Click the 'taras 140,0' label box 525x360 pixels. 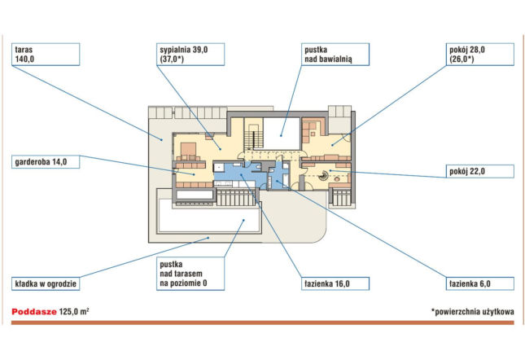click(x=46, y=55)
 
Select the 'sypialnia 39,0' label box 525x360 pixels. click(x=190, y=55)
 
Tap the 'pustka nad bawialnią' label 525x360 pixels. click(x=335, y=55)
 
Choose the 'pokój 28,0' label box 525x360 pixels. click(x=479, y=55)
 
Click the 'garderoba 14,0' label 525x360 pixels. click(x=46, y=162)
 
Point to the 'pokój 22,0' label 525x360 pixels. click(x=479, y=171)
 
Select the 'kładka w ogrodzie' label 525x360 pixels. click(x=46, y=283)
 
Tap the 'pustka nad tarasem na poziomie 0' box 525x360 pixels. click(x=190, y=274)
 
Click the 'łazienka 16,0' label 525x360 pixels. click(x=335, y=283)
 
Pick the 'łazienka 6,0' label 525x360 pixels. click(x=479, y=283)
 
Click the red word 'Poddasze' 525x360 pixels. click(x=34, y=312)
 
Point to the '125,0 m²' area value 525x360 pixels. click(x=74, y=312)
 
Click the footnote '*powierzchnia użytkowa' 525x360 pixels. click(x=472, y=312)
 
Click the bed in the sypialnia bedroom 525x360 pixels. click(x=188, y=151)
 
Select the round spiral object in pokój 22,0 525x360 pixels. click(x=324, y=175)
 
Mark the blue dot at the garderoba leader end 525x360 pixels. click(x=194, y=174)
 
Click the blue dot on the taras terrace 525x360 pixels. click(x=161, y=139)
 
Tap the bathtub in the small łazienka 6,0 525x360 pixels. click(x=286, y=176)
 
